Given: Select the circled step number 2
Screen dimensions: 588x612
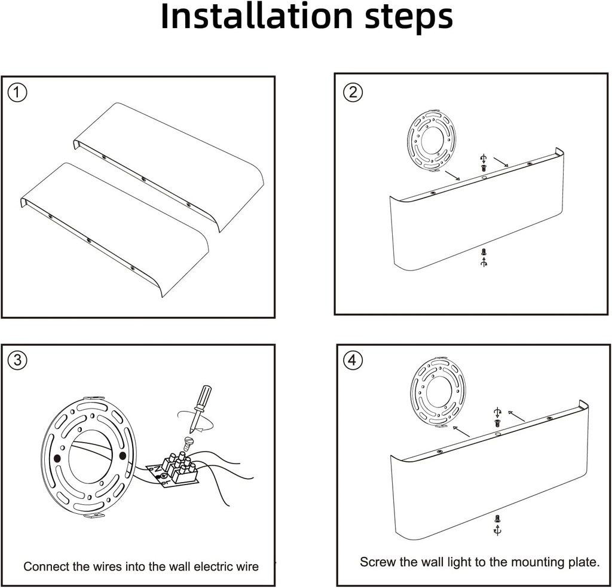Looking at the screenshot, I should point(353,92).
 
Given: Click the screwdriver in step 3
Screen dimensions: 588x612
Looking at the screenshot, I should point(200,407).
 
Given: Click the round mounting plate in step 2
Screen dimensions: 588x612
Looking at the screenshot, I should point(432,141).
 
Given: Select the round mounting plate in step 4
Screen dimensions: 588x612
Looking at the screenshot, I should point(438,392).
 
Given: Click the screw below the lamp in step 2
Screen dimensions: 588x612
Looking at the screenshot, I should point(484,253).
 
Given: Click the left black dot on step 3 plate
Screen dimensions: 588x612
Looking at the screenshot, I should point(57,458).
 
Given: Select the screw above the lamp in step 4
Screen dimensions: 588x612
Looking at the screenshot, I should point(497,422).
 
